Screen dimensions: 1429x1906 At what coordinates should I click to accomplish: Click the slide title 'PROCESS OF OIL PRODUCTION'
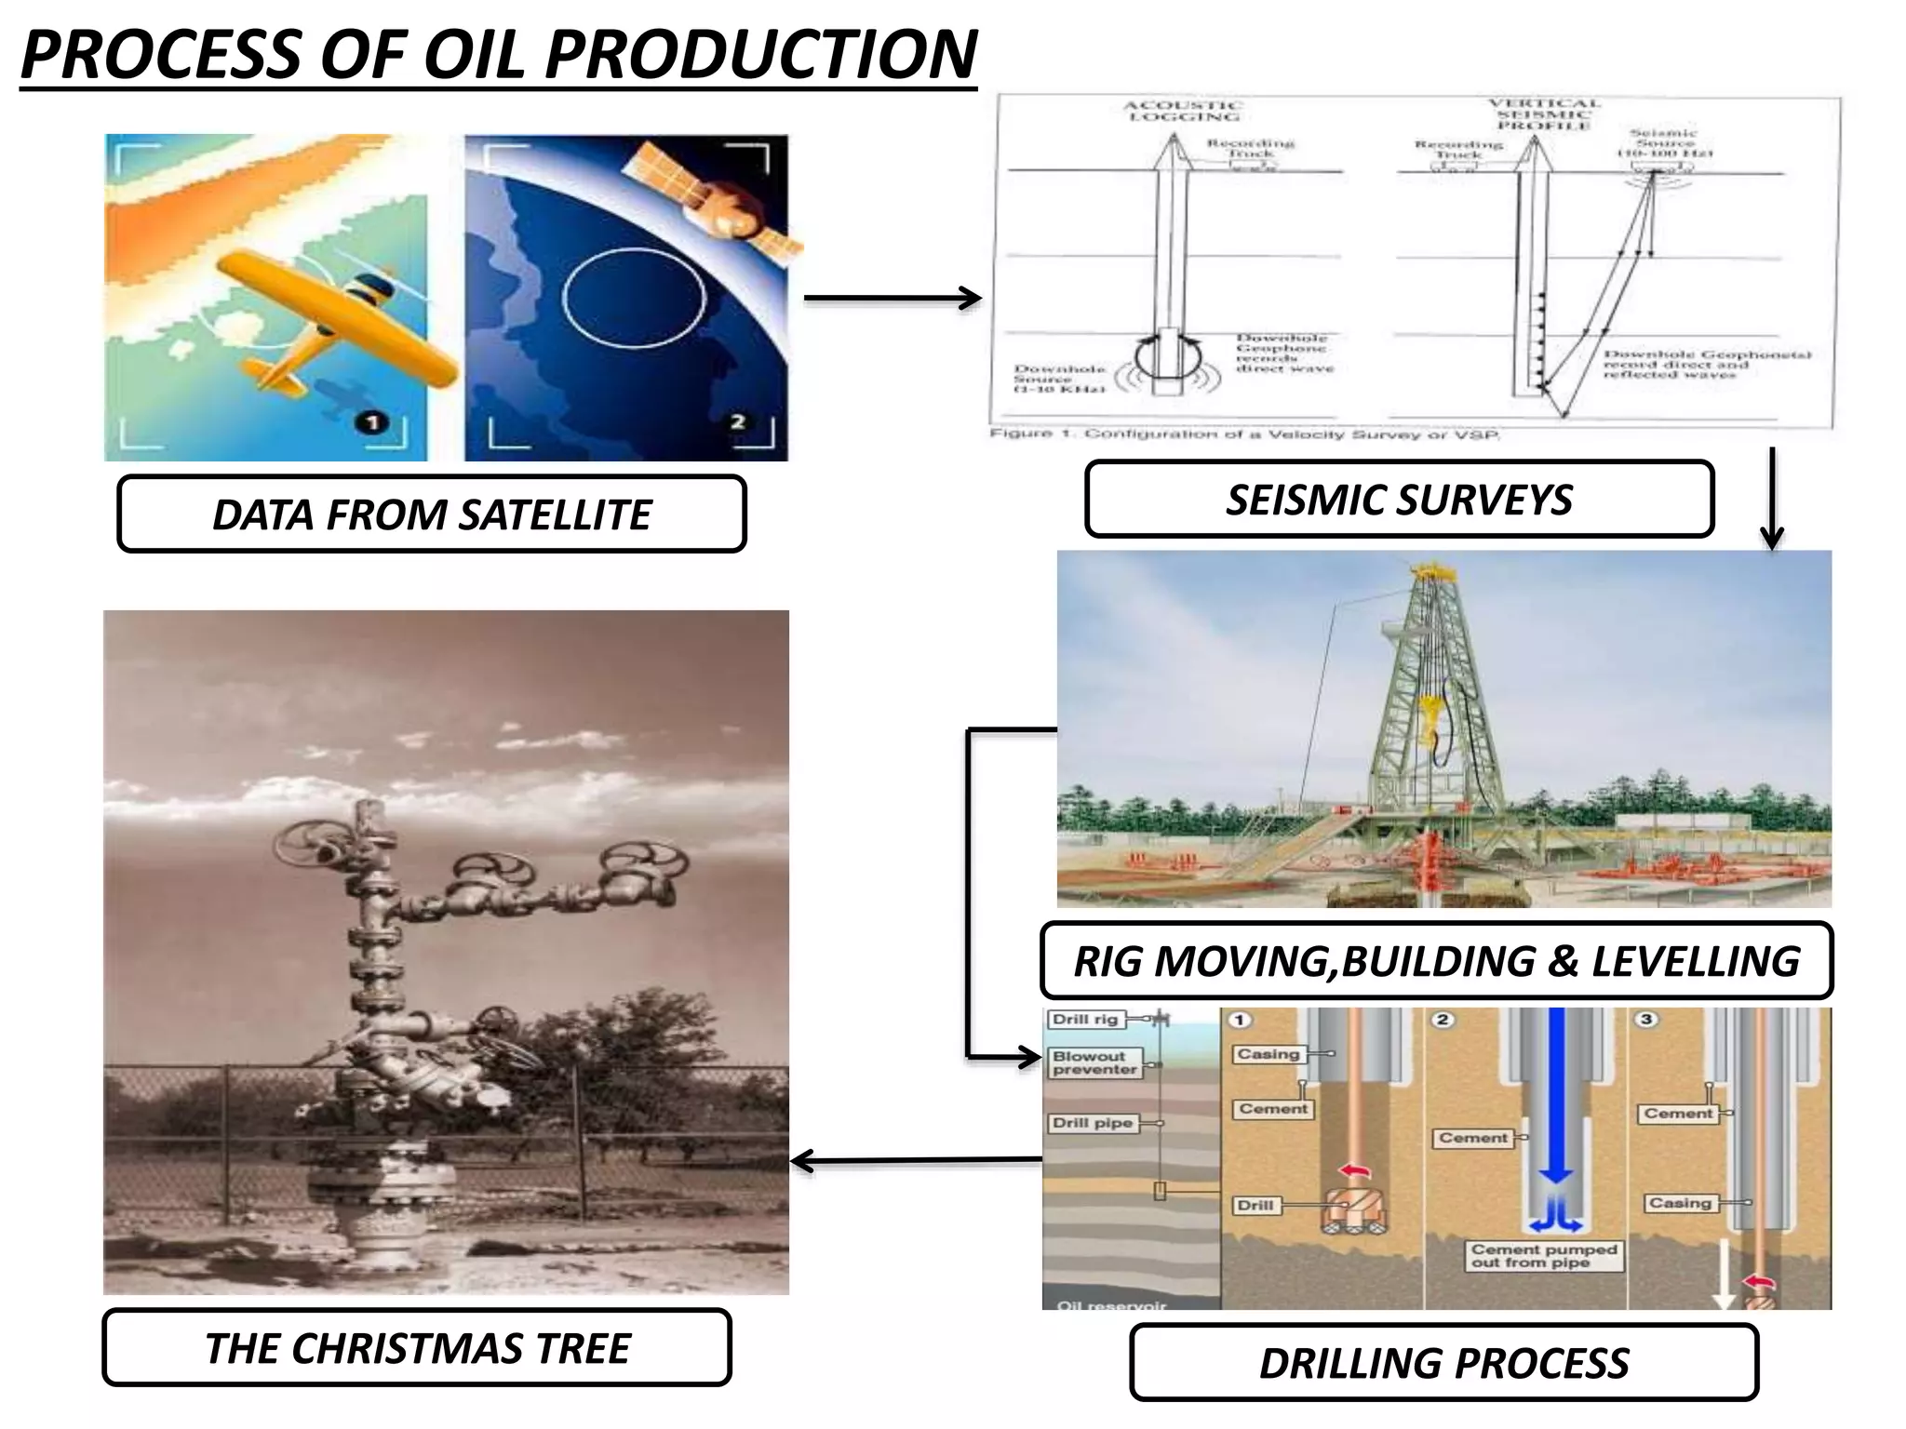tap(498, 56)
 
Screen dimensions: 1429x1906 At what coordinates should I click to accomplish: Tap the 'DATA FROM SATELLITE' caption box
tap(432, 514)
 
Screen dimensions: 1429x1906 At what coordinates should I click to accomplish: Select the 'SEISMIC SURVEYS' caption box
tap(1399, 500)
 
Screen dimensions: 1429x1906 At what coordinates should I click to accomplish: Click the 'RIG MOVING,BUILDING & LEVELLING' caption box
tap(1436, 961)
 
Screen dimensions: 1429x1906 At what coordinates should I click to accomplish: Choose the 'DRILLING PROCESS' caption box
tap(1443, 1363)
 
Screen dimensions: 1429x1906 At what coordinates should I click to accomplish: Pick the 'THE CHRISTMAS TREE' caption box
tap(417, 1348)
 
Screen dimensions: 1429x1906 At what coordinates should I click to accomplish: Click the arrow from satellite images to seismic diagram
tap(892, 299)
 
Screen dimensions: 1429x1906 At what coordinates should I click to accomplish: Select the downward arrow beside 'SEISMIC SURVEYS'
tap(1772, 498)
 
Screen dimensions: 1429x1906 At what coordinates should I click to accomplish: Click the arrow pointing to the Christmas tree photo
tap(917, 1161)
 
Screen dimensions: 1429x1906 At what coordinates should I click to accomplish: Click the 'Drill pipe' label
tap(1092, 1123)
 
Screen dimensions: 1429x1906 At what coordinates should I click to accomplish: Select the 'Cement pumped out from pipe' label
tap(1544, 1256)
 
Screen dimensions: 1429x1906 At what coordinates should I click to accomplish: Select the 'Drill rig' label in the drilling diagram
tap(1084, 1019)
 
